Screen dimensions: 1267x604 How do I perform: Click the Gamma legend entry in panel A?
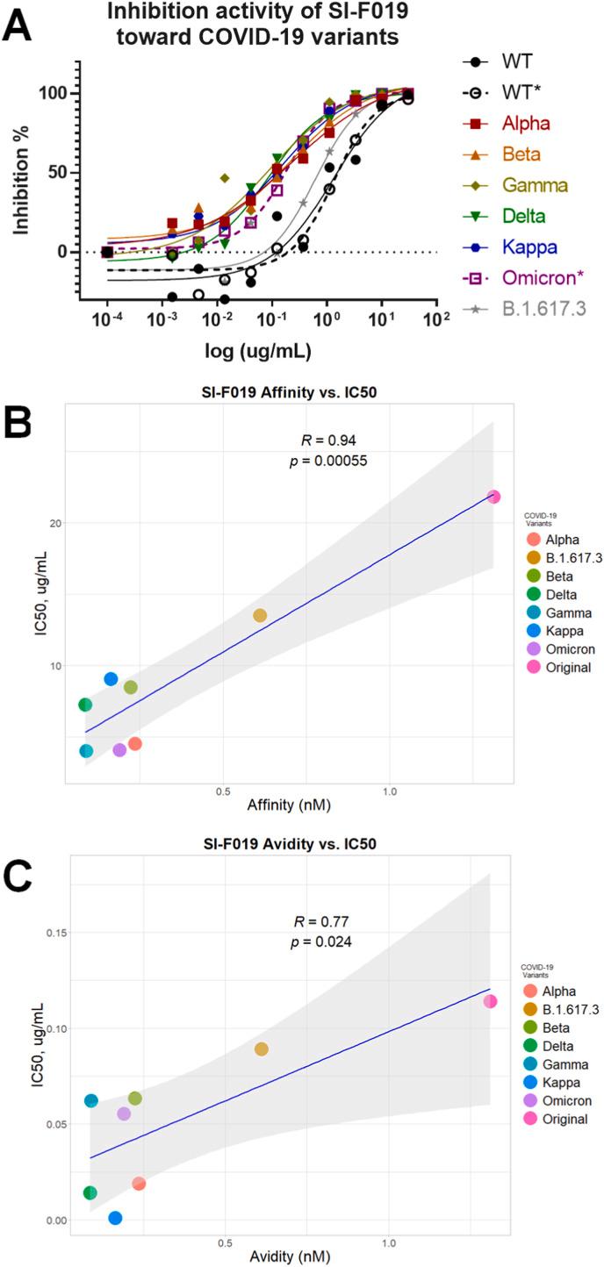515,185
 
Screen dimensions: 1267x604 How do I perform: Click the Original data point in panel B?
494,497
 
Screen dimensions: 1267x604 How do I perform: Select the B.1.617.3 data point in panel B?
260,615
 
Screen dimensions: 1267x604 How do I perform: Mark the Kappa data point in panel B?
111,678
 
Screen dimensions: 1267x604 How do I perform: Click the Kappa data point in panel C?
115,1217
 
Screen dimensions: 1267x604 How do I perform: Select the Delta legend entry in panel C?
548,1046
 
